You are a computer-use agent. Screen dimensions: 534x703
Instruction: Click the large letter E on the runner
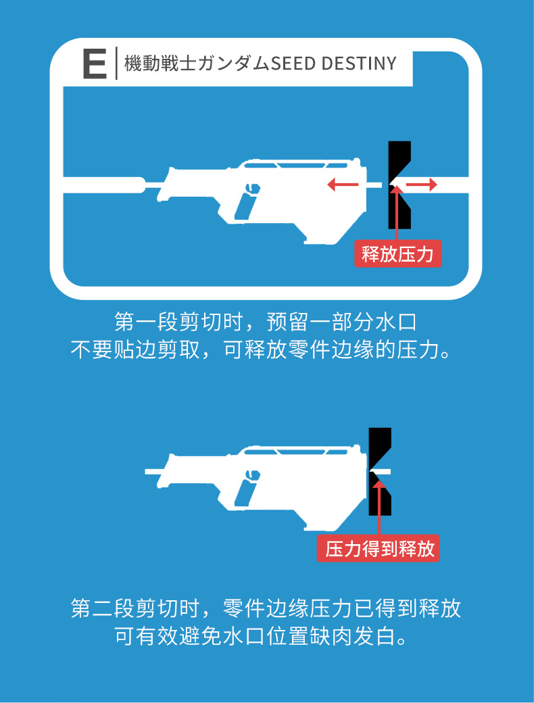click(x=95, y=64)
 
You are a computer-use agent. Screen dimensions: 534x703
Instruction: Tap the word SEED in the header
click(x=292, y=64)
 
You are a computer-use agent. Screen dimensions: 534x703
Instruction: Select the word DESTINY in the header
click(x=359, y=64)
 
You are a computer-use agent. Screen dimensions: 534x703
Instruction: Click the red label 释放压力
click(x=397, y=254)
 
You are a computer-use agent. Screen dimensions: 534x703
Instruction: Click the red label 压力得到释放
click(x=378, y=548)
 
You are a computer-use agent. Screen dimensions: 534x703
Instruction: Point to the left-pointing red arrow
click(x=343, y=185)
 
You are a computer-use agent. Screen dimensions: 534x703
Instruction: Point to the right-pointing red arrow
click(x=422, y=185)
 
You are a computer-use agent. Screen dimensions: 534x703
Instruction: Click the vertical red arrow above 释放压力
click(x=396, y=213)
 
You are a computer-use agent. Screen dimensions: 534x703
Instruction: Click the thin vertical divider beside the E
click(x=116, y=64)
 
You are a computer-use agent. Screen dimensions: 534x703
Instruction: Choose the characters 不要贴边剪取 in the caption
click(x=135, y=349)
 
